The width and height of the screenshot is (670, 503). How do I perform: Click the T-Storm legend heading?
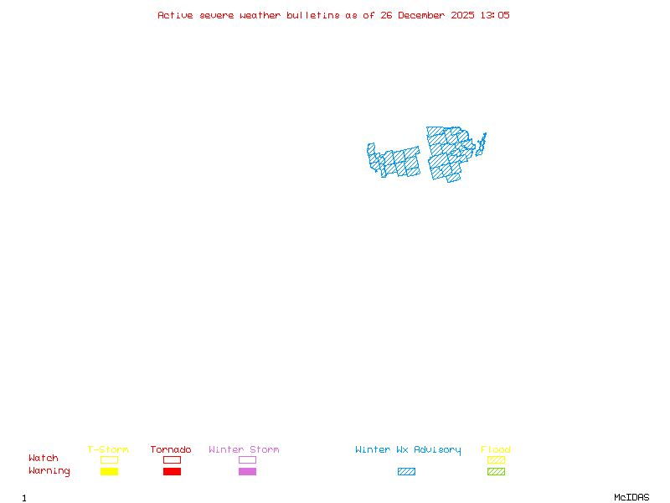coord(108,450)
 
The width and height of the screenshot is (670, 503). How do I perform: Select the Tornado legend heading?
coord(171,450)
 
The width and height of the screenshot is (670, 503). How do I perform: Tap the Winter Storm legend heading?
coord(244,450)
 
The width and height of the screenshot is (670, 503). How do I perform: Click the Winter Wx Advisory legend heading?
coord(408,450)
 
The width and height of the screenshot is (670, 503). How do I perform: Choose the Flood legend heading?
coord(496,450)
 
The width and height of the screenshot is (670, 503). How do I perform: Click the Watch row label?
coord(44,459)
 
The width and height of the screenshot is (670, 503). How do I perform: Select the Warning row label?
coord(49,471)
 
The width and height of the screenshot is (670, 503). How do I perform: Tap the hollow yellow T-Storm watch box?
coord(109,459)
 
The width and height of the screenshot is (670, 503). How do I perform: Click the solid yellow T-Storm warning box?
coord(109,471)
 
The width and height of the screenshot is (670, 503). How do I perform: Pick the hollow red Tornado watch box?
coord(172,459)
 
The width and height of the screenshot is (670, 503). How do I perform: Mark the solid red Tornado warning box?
coord(172,471)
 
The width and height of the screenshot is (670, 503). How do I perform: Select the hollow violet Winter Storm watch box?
coord(247,459)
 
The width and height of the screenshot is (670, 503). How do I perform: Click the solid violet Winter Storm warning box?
coord(247,471)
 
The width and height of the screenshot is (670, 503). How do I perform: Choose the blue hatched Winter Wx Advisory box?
coord(406,471)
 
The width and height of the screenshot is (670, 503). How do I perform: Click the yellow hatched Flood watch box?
coord(496,459)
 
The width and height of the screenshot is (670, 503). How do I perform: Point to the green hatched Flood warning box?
coord(496,471)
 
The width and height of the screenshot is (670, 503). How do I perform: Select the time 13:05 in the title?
coord(494,15)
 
